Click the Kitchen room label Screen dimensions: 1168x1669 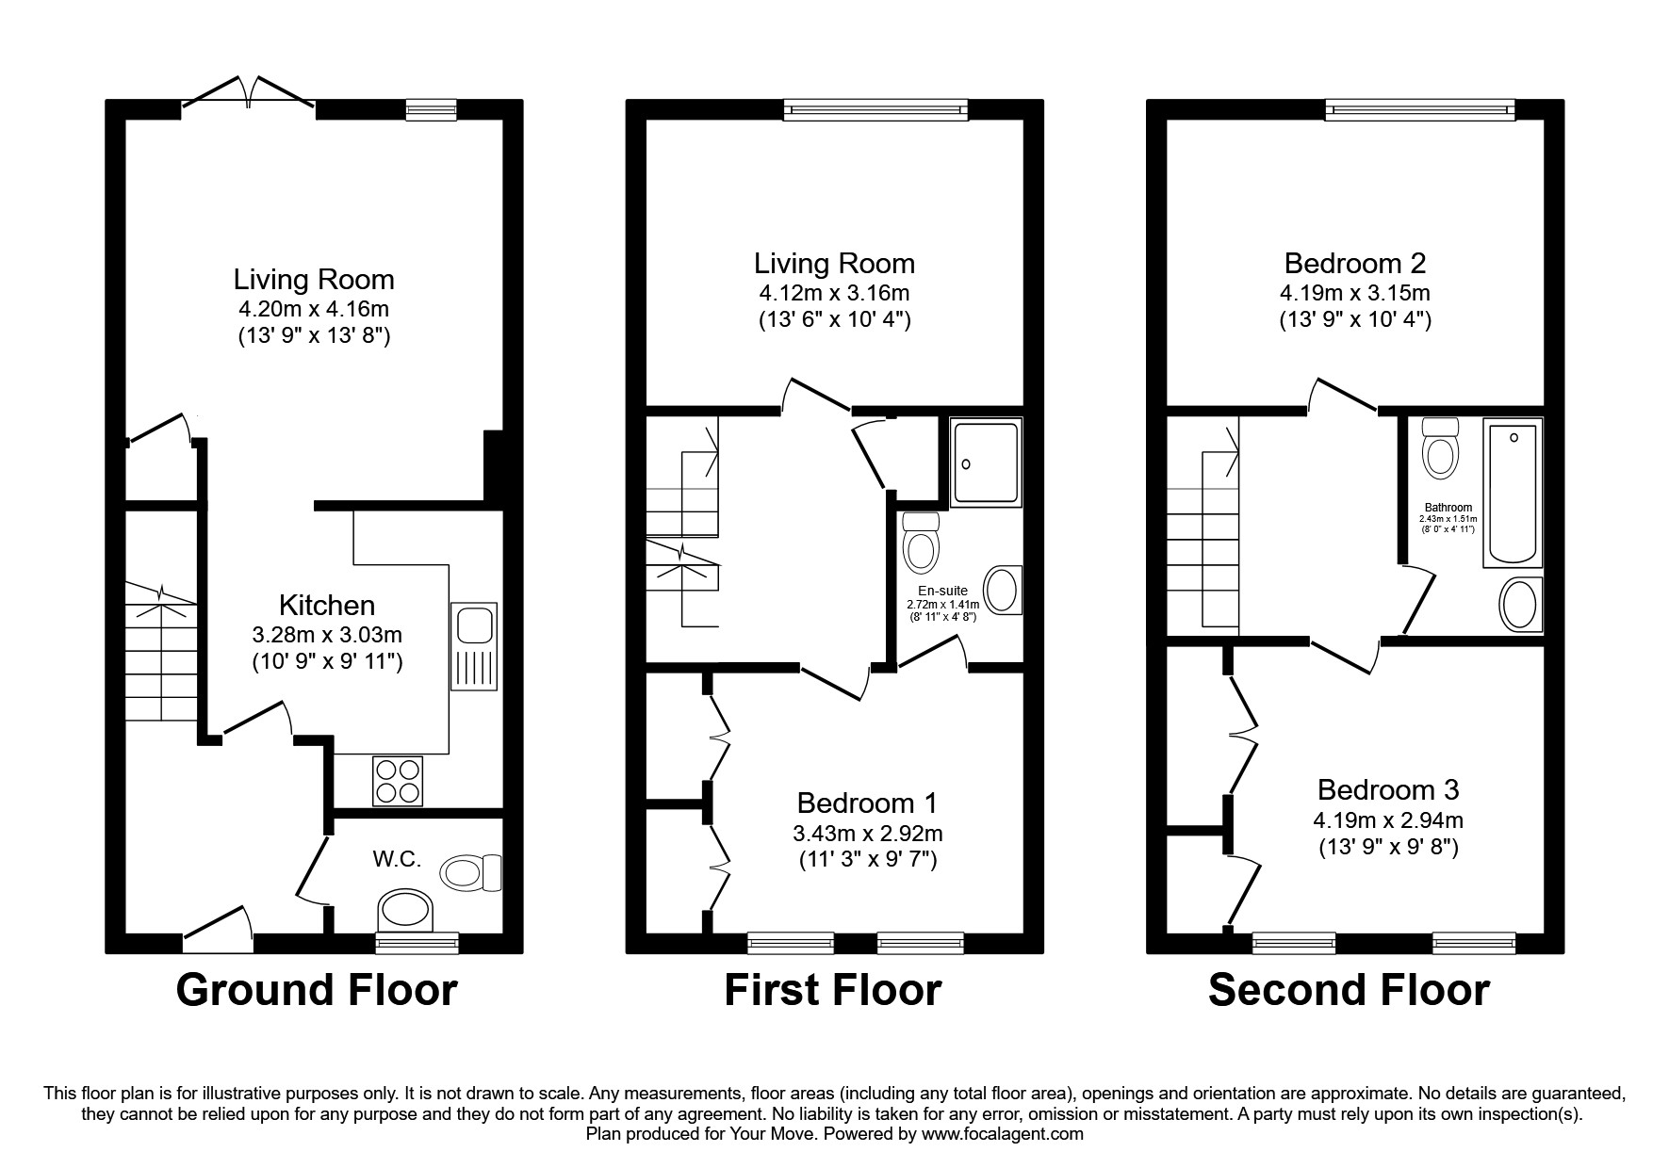click(327, 605)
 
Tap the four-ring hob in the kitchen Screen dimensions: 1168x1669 click(398, 781)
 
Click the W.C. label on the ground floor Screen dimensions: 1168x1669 click(397, 859)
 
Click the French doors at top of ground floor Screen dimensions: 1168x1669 click(248, 94)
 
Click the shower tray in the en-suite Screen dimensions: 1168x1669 click(985, 462)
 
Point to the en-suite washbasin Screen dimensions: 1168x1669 click(1003, 590)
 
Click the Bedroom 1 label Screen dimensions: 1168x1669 click(867, 803)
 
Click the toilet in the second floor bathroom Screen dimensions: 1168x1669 click(1439, 450)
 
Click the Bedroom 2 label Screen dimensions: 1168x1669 click(1354, 262)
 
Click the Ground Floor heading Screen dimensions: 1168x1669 click(317, 990)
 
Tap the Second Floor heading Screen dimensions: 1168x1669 click(1349, 990)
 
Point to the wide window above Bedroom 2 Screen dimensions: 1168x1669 click(1420, 110)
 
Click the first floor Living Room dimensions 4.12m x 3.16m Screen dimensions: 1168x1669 click(834, 292)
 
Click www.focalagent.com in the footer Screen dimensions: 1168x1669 click(1003, 1134)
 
